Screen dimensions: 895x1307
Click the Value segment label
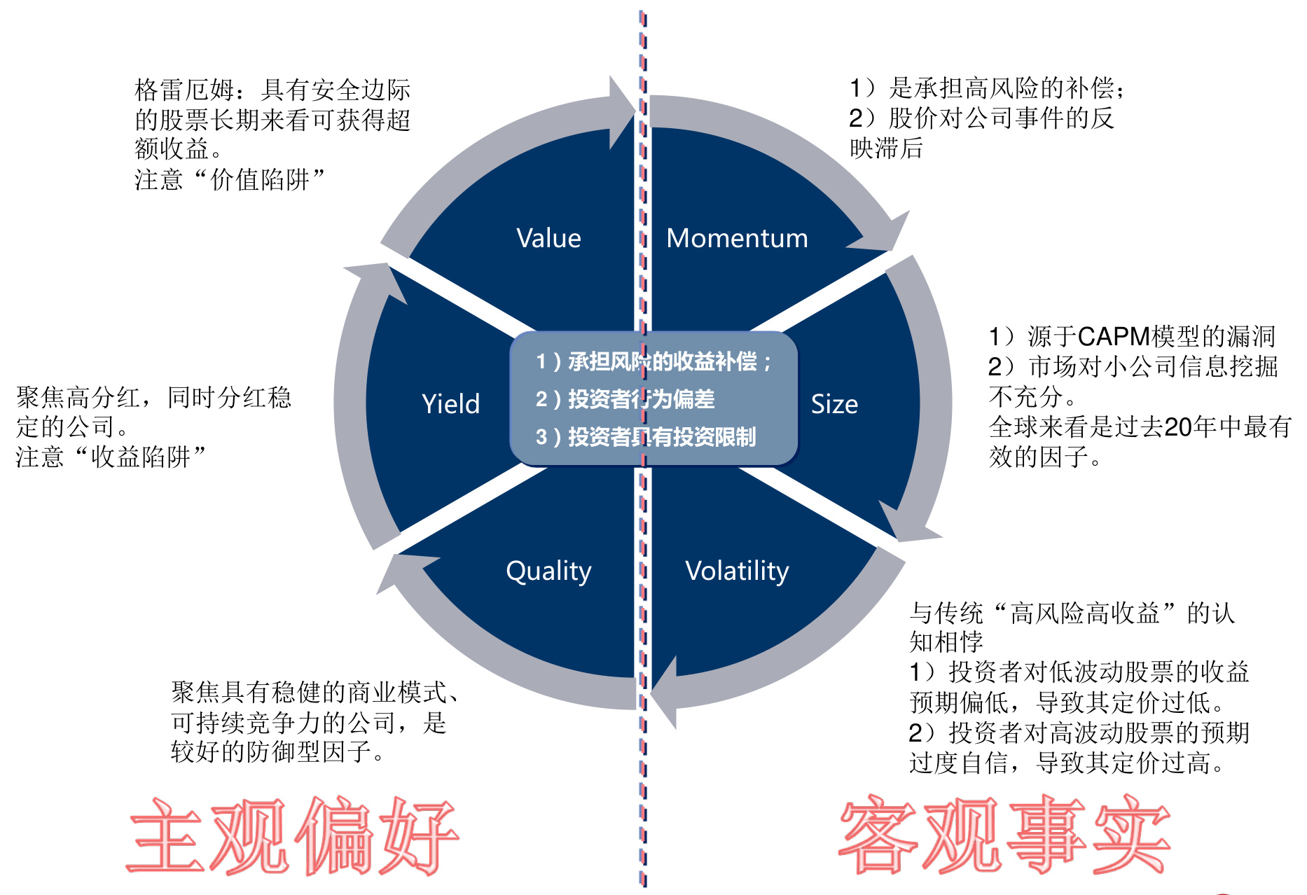point(548,238)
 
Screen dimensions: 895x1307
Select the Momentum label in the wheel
point(737,238)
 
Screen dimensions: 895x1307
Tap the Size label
point(834,404)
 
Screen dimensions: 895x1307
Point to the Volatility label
point(737,571)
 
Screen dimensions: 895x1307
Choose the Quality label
point(548,571)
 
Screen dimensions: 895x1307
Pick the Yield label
point(450,404)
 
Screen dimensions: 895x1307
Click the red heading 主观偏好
point(293,835)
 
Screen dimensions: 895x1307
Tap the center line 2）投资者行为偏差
point(625,399)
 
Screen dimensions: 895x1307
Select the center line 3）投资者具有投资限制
point(645,437)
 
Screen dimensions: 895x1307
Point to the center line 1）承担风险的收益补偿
point(653,361)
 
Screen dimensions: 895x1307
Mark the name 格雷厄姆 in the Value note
point(184,90)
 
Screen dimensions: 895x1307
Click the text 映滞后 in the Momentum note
point(886,148)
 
